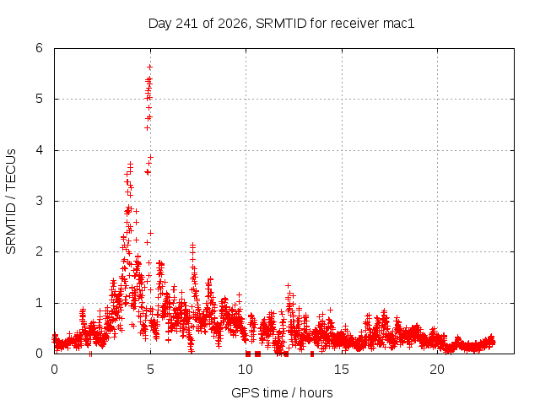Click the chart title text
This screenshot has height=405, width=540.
281,24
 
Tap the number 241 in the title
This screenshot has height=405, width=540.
186,24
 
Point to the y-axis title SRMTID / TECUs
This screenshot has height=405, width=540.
11,202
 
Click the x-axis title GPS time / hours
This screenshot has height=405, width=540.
282,392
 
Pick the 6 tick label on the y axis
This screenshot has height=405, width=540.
40,48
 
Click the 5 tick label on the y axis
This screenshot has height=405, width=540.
40,99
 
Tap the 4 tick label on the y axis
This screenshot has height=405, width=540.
40,150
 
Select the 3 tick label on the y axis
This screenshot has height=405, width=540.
40,201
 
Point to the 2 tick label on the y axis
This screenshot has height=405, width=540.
40,251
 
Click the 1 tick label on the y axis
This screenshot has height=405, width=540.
40,303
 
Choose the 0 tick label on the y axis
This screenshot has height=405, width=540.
40,353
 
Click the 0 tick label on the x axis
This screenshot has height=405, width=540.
54,370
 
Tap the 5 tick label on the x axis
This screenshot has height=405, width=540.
150,370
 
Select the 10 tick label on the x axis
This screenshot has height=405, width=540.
246,370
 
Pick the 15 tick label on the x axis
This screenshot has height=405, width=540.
341,370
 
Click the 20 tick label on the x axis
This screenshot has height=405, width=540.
437,370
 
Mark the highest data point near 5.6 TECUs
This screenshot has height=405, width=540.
149,67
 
